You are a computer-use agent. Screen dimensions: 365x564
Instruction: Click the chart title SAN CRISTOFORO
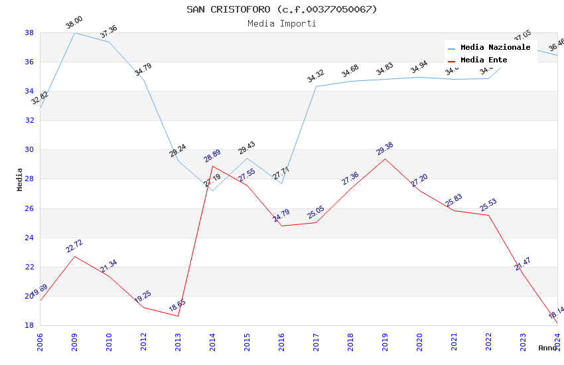pyautogui.click(x=281, y=9)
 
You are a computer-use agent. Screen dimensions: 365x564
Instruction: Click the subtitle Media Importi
pyautogui.click(x=281, y=23)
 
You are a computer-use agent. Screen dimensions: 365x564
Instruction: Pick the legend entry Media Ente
pyautogui.click(x=484, y=60)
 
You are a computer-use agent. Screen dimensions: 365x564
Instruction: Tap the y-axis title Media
pyautogui.click(x=20, y=179)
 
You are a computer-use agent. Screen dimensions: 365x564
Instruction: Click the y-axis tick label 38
pyautogui.click(x=29, y=33)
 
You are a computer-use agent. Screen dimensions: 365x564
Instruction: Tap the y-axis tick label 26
pyautogui.click(x=29, y=208)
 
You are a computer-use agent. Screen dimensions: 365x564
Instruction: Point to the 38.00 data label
pyautogui.click(x=74, y=23)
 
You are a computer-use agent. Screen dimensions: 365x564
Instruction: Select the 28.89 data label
pyautogui.click(x=212, y=157)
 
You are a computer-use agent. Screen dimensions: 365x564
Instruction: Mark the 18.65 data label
pyautogui.click(x=177, y=306)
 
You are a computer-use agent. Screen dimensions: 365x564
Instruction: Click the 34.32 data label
pyautogui.click(x=316, y=76)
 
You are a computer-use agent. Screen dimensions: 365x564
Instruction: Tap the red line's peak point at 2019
pyautogui.click(x=385, y=159)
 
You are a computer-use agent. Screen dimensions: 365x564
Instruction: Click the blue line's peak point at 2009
pyautogui.click(x=74, y=33)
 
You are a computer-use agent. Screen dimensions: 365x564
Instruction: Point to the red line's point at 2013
pyautogui.click(x=178, y=316)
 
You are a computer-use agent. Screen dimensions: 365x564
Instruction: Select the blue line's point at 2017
pyautogui.click(x=316, y=86)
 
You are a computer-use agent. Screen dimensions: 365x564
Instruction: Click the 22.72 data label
pyautogui.click(x=74, y=246)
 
